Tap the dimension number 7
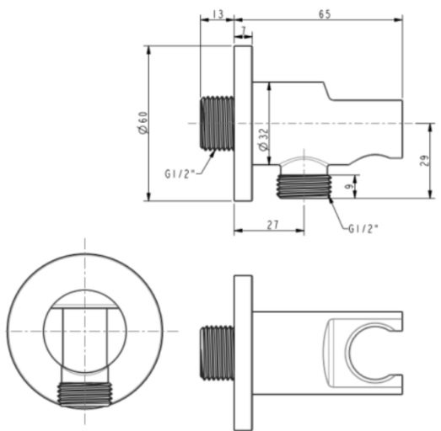245,31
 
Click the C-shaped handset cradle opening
364,349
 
